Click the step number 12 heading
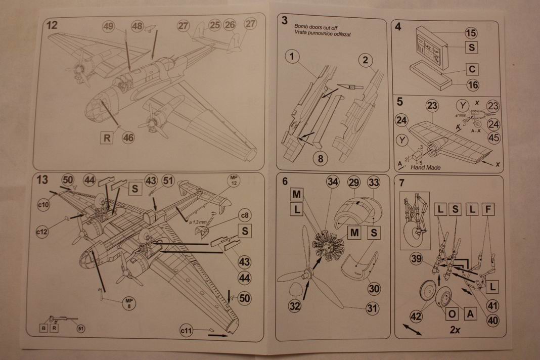(52, 25)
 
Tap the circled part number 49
(108, 26)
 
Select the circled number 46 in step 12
(128, 137)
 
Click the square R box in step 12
(106, 137)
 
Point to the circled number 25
(215, 24)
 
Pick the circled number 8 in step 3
(320, 157)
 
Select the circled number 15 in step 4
(471, 33)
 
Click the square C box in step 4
(471, 69)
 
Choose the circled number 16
(472, 85)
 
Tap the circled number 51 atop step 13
(168, 181)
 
